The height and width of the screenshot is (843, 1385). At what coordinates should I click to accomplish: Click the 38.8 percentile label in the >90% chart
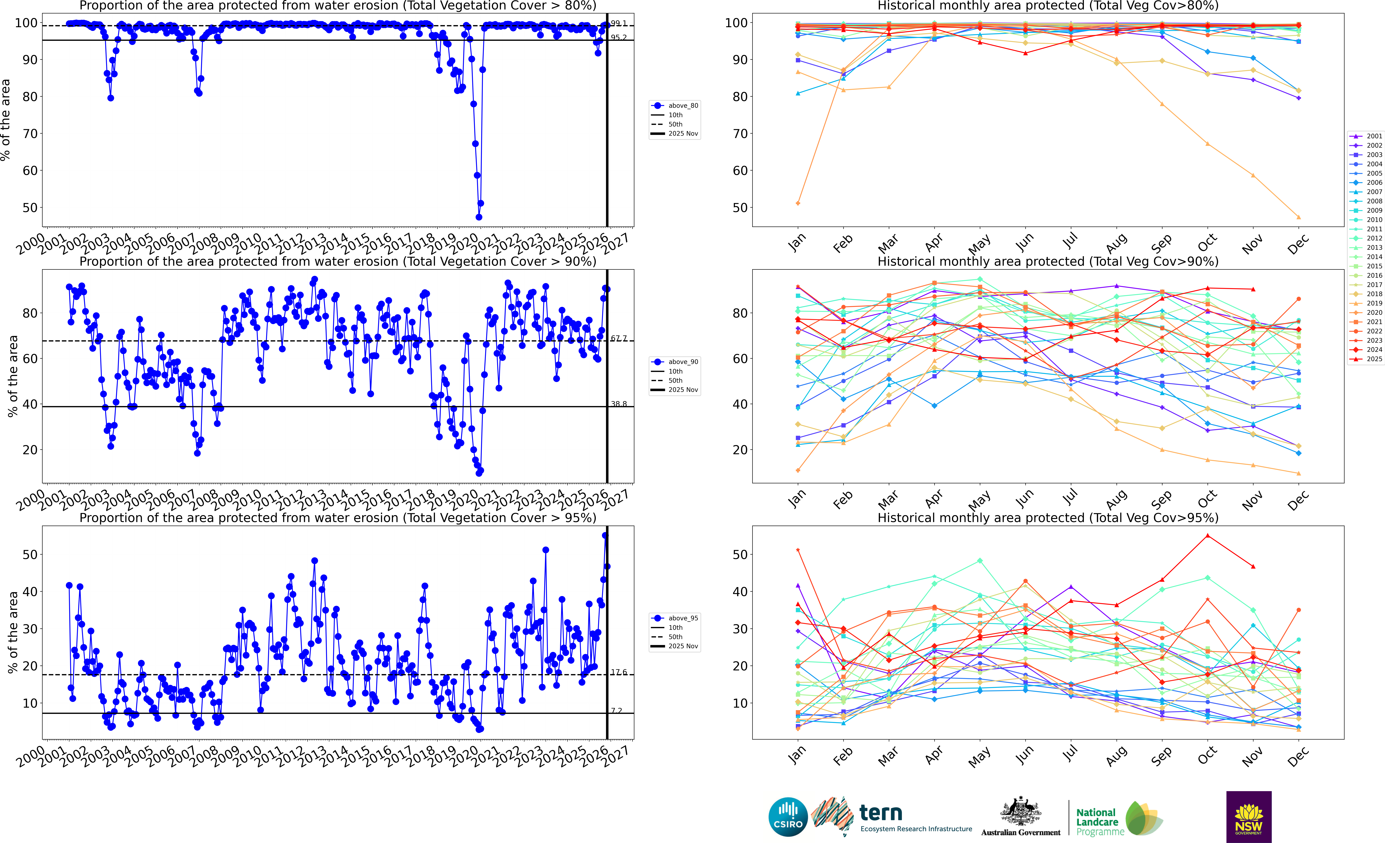click(x=619, y=404)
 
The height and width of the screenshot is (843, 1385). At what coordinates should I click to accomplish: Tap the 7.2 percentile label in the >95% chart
click(x=617, y=710)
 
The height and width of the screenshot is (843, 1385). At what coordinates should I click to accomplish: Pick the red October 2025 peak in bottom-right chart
click(x=1207, y=536)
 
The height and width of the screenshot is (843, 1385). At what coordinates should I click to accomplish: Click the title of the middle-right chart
click(x=1048, y=261)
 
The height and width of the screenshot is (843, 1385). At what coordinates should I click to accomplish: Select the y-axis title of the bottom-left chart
click(x=12, y=632)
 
